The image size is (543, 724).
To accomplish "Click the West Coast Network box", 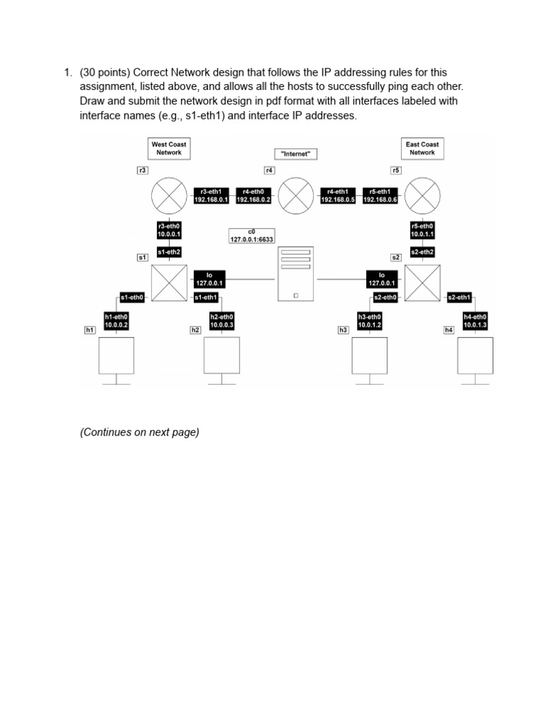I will [169, 148].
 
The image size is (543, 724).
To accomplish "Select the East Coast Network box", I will [422, 148].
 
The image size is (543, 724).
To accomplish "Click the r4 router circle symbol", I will [296, 195].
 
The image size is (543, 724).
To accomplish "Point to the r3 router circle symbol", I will [170, 195].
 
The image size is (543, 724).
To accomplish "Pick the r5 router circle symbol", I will [423, 195].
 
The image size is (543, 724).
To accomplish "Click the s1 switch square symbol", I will [170, 282].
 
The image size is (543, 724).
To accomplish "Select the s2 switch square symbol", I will [423, 282].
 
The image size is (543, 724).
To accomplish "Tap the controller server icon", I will [296, 275].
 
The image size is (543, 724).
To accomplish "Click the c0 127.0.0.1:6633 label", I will [251, 236].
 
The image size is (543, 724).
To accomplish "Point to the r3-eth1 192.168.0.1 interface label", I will [211, 196].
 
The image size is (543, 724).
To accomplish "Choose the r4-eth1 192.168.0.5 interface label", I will [338, 196].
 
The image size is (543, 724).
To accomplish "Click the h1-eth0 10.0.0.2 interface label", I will [116, 321].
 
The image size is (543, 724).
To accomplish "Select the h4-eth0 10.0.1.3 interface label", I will [475, 321].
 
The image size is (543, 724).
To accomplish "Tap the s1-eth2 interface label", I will [170, 252].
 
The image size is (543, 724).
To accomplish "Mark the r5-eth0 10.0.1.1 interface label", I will [423, 230].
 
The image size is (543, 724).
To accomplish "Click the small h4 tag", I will [448, 330].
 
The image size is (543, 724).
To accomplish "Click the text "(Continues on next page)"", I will [139, 433].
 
